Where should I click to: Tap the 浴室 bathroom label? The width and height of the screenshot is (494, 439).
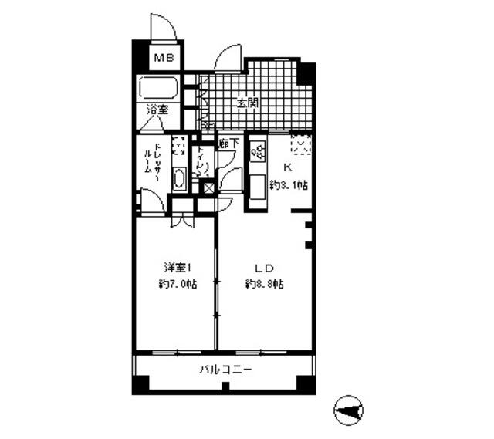tap(159, 110)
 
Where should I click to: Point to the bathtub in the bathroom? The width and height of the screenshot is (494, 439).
tap(160, 87)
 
